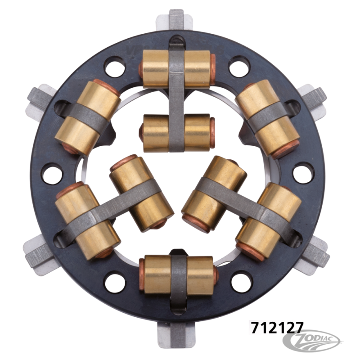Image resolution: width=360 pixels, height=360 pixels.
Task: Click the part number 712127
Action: [277, 328]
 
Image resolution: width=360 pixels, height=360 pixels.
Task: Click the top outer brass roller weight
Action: [177, 69]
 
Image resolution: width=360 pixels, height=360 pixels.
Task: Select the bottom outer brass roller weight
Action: [179, 274]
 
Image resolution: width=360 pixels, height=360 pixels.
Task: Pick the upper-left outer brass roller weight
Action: [88, 117]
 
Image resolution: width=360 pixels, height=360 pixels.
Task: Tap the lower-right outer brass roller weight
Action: [268, 222]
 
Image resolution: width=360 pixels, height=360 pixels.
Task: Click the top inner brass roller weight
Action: [177, 133]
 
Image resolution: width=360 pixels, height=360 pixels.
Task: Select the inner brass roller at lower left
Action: [141, 193]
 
